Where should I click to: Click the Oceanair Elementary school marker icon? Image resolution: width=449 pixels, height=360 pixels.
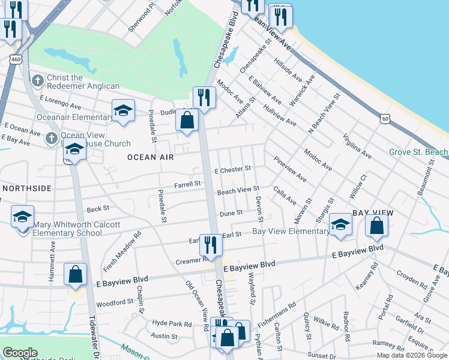point(123,110)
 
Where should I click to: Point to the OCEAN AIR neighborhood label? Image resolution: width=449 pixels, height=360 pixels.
point(150,157)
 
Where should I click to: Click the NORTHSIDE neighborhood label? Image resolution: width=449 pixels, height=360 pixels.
point(27,188)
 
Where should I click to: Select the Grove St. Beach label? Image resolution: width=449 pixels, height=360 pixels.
point(419,152)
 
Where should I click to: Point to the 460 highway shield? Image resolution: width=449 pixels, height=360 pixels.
point(16,59)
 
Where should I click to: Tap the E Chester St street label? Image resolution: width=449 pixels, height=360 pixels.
point(232,170)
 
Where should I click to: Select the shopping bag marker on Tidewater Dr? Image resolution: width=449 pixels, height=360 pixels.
point(76,275)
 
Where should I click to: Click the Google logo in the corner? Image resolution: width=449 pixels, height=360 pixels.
point(20,353)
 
